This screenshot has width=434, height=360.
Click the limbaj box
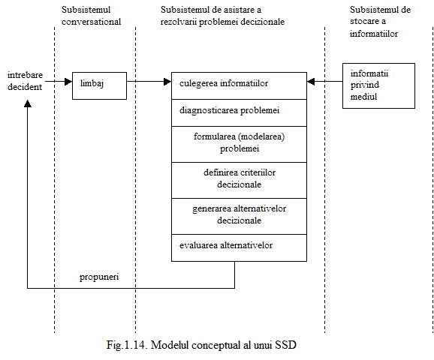click(99, 85)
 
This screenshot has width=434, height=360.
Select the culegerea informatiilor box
click(239, 85)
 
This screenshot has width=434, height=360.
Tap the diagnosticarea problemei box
click(239, 112)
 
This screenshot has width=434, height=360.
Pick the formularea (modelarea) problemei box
click(239, 144)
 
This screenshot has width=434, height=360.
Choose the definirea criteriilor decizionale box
click(239, 180)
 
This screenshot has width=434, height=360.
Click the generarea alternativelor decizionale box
click(239, 216)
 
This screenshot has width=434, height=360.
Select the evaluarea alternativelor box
click(239, 247)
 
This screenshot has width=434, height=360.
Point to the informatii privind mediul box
click(378, 85)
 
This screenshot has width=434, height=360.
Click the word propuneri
click(99, 277)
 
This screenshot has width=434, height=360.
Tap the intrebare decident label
click(25, 81)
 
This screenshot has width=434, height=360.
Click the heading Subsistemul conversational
click(91, 16)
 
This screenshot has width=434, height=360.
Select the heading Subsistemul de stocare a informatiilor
click(380, 22)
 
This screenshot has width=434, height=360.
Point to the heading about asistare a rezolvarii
click(222, 16)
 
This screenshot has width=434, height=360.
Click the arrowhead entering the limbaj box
click(68, 82)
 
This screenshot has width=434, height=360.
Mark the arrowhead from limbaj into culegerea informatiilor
click(167, 82)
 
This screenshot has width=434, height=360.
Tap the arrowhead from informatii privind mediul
click(311, 82)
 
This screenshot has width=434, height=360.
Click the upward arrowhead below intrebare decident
click(27, 103)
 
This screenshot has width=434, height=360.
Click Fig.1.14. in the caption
click(127, 345)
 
